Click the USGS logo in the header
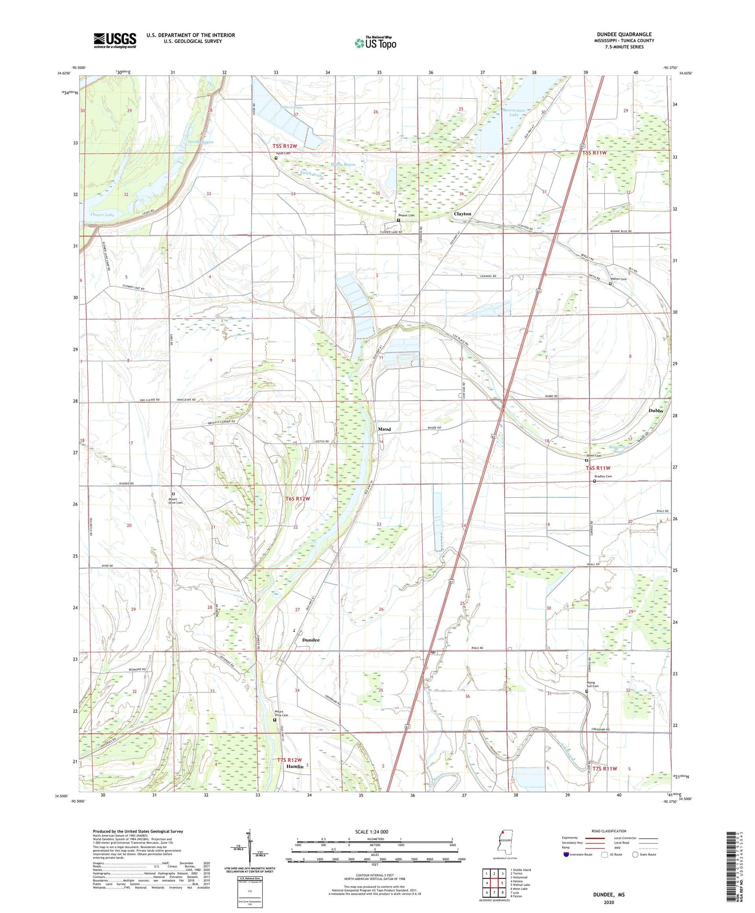(115, 40)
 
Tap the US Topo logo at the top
(375, 43)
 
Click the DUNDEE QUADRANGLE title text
(624, 35)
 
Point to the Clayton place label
(462, 214)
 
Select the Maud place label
(384, 429)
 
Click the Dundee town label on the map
(311, 640)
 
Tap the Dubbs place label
(656, 411)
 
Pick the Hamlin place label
(295, 767)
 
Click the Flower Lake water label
(102, 215)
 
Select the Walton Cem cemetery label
(619, 279)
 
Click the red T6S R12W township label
(297, 499)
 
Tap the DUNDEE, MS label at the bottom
(608, 895)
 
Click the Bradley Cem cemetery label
(603, 476)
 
